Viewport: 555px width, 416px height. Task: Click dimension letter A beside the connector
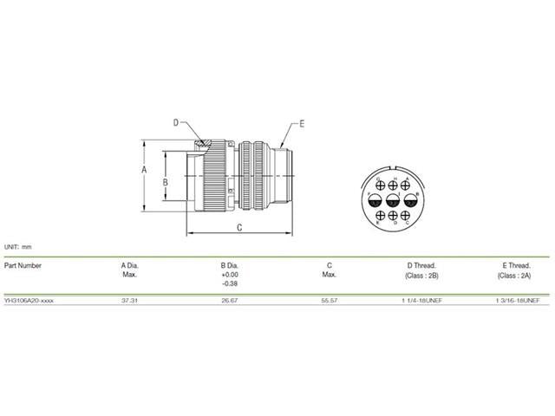click(144, 171)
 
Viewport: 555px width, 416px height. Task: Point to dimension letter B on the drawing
click(165, 182)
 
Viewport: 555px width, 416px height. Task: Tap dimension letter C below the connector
click(238, 228)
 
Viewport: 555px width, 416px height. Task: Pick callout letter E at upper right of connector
click(302, 123)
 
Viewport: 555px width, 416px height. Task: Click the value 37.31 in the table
click(127, 299)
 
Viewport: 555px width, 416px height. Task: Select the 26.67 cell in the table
click(229, 299)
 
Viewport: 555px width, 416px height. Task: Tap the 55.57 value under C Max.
click(330, 299)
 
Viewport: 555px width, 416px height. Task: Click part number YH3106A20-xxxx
click(29, 299)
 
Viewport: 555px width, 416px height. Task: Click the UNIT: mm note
click(17, 247)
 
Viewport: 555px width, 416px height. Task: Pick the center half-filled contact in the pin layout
click(395, 201)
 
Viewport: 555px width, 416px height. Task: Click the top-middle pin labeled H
click(395, 185)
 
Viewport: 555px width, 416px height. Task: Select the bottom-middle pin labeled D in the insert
click(395, 217)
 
